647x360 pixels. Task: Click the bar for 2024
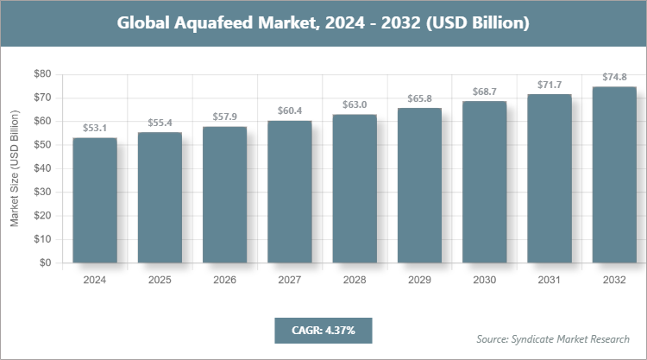pyautogui.click(x=94, y=200)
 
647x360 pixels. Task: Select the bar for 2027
pyautogui.click(x=289, y=192)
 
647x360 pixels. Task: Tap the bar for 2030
pyautogui.click(x=484, y=182)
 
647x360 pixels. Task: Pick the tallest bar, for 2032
pyautogui.click(x=614, y=174)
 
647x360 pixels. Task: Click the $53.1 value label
pyautogui.click(x=94, y=128)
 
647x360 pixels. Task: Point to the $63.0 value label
pyautogui.click(x=354, y=104)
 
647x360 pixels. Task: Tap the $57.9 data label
pyautogui.click(x=224, y=117)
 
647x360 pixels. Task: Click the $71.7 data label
pyautogui.click(x=549, y=84)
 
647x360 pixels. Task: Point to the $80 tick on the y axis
pyautogui.click(x=41, y=74)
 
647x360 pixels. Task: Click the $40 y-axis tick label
pyautogui.click(x=41, y=168)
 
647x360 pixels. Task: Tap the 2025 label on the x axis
pyautogui.click(x=160, y=280)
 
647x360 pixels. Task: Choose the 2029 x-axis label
pyautogui.click(x=419, y=280)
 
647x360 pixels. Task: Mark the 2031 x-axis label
pyautogui.click(x=549, y=280)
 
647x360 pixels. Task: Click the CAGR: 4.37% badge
pyautogui.click(x=323, y=330)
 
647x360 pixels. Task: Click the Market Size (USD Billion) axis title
pyautogui.click(x=15, y=168)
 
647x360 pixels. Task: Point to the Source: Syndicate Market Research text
pyautogui.click(x=552, y=338)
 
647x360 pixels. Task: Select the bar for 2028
pyautogui.click(x=354, y=188)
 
